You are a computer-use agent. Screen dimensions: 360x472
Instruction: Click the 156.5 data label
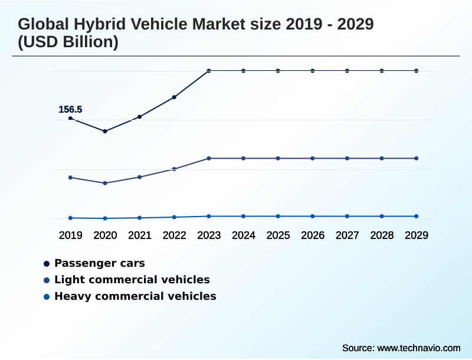70,109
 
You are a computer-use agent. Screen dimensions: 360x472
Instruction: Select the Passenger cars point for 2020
105,131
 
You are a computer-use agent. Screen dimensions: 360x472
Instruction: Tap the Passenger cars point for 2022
174,97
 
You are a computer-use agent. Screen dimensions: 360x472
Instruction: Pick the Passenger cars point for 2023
209,71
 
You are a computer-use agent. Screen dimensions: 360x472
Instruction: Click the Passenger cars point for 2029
417,71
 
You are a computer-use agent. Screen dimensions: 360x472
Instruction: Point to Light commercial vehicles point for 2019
71,177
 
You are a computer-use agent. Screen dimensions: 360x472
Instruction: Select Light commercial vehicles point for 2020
105,183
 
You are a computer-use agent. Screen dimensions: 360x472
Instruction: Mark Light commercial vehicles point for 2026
313,158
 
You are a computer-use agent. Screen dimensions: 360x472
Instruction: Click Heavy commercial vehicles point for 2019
71,218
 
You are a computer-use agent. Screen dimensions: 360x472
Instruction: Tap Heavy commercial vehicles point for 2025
278,216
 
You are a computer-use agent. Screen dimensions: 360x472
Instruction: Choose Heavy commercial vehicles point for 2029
417,216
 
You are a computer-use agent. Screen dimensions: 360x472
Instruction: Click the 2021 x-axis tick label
140,235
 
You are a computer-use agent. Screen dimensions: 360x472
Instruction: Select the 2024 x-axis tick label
244,235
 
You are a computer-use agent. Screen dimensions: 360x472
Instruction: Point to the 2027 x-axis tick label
348,235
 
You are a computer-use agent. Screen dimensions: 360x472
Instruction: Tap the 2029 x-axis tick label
417,235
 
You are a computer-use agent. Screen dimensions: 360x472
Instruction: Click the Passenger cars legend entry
99,263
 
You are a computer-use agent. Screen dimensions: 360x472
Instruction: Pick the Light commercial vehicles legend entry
132,280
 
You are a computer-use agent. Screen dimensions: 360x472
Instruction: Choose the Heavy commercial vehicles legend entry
135,296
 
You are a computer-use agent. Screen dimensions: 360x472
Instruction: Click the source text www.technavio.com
419,348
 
